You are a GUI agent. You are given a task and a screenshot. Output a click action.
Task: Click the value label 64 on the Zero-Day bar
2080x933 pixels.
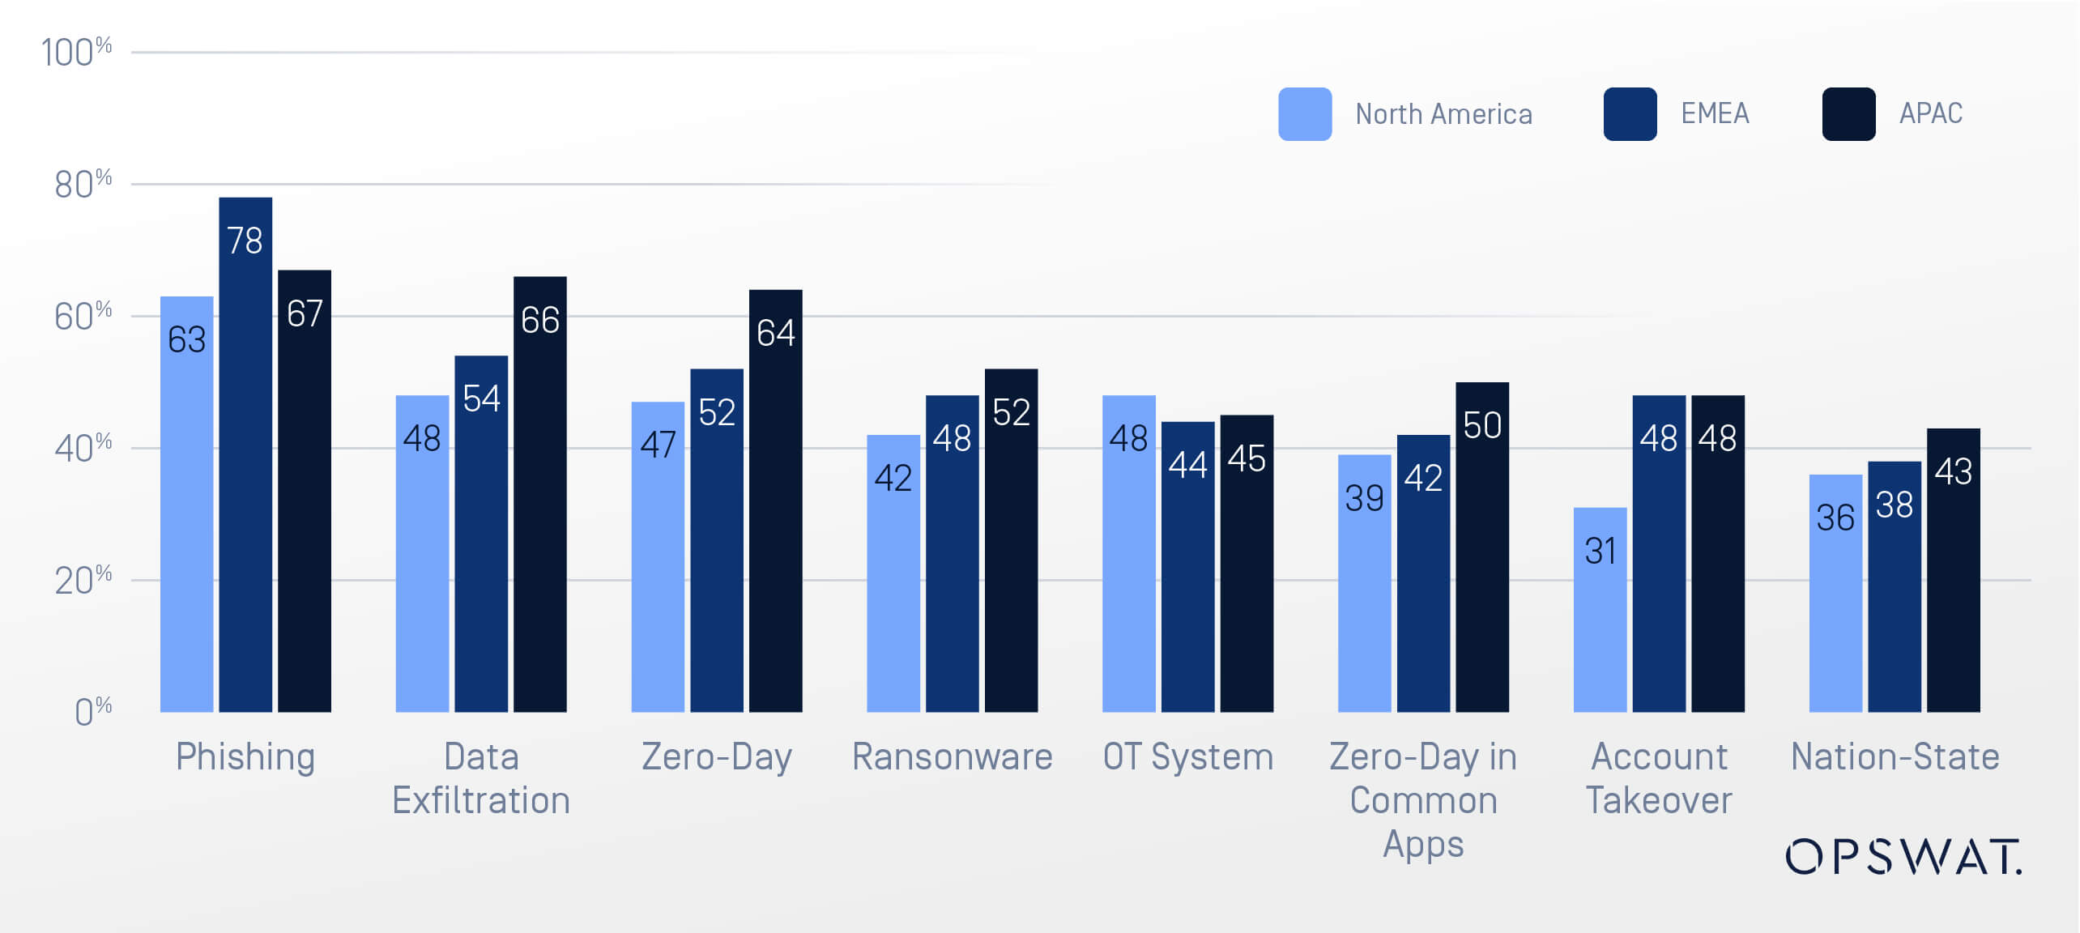(775, 333)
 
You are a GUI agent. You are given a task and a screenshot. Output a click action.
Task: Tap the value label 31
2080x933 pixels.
(1600, 552)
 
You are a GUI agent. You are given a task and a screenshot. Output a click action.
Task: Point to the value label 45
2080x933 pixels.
(1246, 458)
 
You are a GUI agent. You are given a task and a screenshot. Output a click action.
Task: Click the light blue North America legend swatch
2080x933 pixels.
(1304, 114)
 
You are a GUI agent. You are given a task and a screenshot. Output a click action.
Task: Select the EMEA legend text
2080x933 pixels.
(1715, 113)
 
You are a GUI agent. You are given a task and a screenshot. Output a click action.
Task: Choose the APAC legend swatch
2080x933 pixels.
(1848, 114)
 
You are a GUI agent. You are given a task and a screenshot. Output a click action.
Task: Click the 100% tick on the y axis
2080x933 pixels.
(77, 53)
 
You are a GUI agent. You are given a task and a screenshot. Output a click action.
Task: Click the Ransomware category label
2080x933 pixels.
(952, 757)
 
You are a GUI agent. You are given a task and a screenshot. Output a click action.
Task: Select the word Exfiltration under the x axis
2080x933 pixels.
(481, 800)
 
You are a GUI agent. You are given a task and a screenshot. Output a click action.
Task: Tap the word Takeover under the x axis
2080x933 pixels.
(1658, 800)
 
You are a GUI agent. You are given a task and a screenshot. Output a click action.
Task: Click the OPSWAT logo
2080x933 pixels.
(1903, 857)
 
